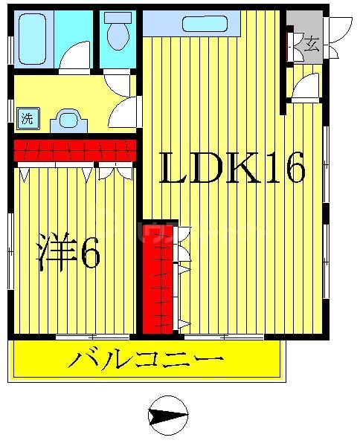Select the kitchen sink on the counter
[205, 23]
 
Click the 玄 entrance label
[312, 44]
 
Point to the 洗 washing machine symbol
[28, 117]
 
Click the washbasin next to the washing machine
[69, 120]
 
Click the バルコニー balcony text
[146, 361]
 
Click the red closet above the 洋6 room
[74, 149]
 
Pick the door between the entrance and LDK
[306, 88]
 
